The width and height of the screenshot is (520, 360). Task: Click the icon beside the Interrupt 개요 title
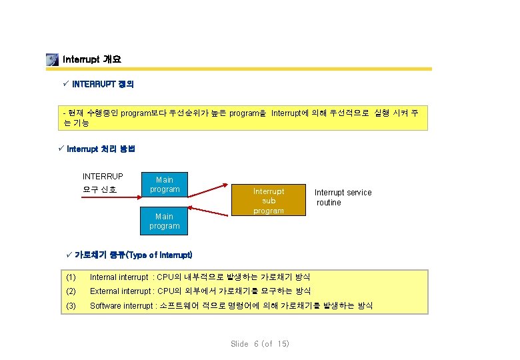pyautogui.click(x=52, y=59)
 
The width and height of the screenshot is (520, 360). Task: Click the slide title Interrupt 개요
pyautogui.click(x=91, y=59)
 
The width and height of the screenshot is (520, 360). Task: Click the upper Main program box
pyautogui.click(x=165, y=185)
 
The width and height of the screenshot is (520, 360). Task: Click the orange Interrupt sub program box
pyautogui.click(x=269, y=201)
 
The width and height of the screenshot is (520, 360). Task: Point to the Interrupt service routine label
pyautogui.click(x=343, y=197)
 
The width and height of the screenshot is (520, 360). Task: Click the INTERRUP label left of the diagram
pyautogui.click(x=103, y=177)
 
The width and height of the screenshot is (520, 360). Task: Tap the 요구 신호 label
pyautogui.click(x=99, y=189)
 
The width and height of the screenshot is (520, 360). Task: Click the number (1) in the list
pyautogui.click(x=71, y=277)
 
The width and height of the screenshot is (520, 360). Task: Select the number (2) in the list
pyautogui.click(x=71, y=291)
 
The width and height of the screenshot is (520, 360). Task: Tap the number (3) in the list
pyautogui.click(x=71, y=305)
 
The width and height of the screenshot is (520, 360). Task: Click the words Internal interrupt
pyautogui.click(x=119, y=277)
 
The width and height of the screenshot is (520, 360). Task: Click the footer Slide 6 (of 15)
pyautogui.click(x=260, y=344)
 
